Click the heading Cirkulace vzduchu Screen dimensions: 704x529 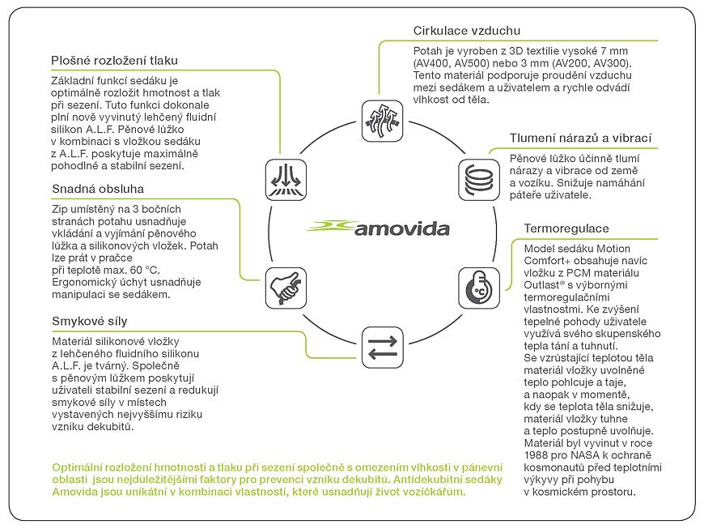coord(466,31)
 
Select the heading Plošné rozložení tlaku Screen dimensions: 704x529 coord(114,61)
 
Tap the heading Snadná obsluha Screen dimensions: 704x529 coord(98,189)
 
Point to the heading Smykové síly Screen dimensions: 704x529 coord(90,321)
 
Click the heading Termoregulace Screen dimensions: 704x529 coord(566,228)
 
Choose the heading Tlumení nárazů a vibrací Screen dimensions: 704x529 coord(580,138)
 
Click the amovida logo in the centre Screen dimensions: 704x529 coord(378,228)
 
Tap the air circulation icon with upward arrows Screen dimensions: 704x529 coord(382,121)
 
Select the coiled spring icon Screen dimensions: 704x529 coord(478,180)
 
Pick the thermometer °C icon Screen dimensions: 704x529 coord(478,288)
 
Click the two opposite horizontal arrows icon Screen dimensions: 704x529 coord(382,348)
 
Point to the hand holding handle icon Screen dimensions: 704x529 coord(286,288)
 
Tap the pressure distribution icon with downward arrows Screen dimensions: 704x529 coord(286,180)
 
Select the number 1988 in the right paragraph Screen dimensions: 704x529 coord(536,455)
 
